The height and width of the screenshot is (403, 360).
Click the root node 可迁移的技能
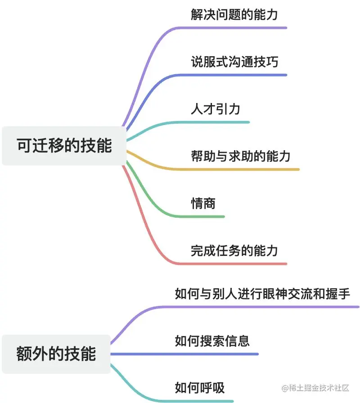click(64, 146)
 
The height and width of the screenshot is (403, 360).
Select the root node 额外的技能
click(56, 354)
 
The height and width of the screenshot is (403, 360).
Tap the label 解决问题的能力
click(234, 14)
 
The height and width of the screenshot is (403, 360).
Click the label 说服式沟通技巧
click(234, 62)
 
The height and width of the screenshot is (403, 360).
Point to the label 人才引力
click(215, 109)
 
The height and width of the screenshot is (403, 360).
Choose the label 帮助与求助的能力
click(240, 156)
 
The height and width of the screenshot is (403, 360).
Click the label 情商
click(203, 203)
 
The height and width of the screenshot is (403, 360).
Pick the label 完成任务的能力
click(234, 251)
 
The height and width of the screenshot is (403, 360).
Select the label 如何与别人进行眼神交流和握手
click(262, 294)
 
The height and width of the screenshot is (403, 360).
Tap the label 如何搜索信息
click(212, 341)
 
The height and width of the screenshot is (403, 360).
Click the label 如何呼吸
click(199, 388)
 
